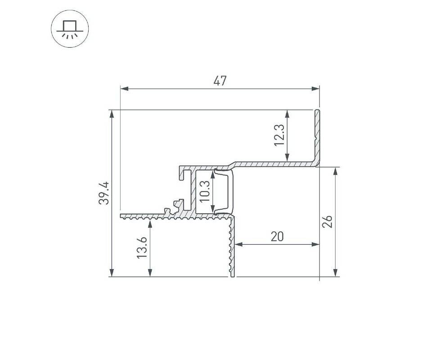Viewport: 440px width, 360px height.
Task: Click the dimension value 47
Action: point(220,81)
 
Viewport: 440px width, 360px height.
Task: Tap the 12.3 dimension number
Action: point(279,135)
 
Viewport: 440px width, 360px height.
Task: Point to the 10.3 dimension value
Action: point(205,191)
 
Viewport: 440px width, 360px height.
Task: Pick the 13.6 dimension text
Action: point(142,247)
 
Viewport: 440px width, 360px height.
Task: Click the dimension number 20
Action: point(277,237)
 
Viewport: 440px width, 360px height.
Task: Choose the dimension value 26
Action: point(327,222)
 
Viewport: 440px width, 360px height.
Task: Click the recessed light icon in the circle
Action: point(70,29)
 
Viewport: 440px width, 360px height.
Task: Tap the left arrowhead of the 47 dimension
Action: point(124,89)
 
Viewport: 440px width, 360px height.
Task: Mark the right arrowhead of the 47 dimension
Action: point(315,89)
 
